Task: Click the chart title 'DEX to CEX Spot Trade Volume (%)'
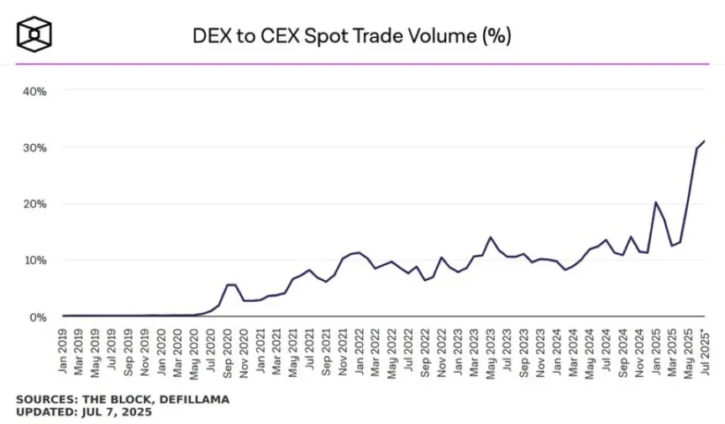351,36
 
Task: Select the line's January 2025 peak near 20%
655,203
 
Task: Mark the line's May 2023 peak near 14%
491,237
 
